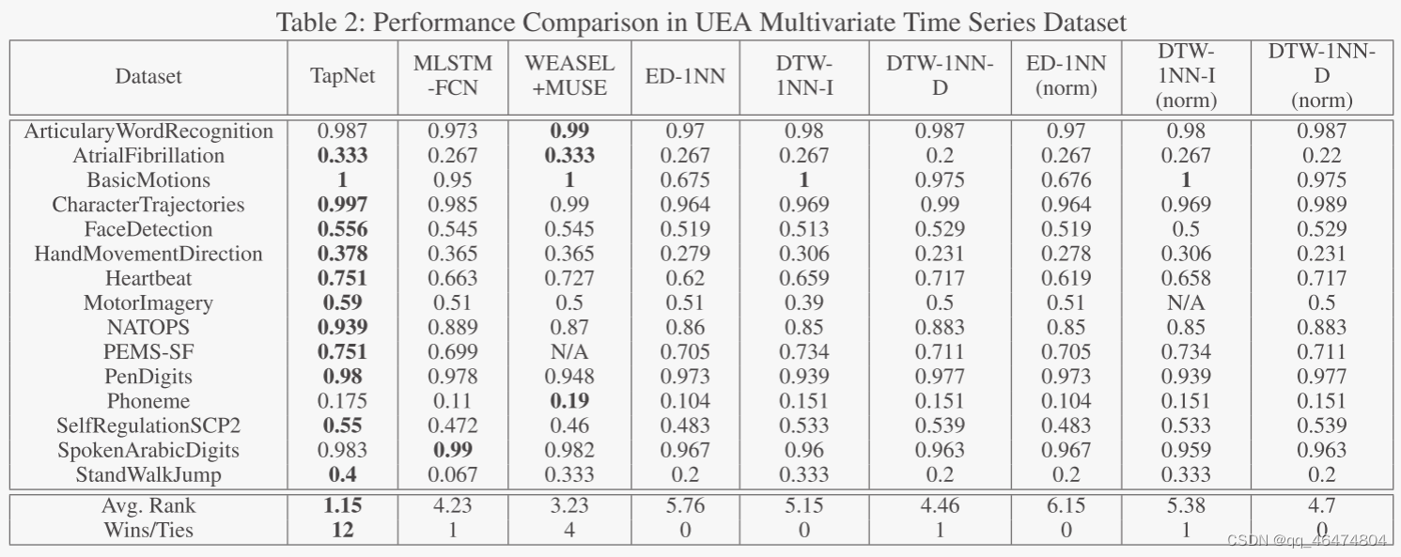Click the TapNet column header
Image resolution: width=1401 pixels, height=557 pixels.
point(342,76)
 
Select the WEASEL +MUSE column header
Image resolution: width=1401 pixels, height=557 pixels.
point(569,76)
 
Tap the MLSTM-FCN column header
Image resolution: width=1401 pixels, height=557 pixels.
point(453,76)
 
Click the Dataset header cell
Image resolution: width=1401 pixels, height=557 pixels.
point(148,76)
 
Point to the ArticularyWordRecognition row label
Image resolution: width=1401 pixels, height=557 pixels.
point(148,132)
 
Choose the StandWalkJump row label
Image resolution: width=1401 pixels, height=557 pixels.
point(148,474)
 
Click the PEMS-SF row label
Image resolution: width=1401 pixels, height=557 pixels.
point(148,352)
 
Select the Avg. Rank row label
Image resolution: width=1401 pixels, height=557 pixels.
point(148,505)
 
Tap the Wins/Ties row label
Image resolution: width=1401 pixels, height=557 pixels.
point(148,530)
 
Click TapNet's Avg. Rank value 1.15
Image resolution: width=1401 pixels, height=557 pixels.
point(342,505)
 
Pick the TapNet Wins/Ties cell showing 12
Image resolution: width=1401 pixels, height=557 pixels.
point(342,530)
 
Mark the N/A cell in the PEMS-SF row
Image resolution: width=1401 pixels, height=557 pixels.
point(569,352)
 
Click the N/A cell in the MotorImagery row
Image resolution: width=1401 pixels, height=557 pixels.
point(1186,302)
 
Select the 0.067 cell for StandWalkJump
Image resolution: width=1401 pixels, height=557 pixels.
point(453,474)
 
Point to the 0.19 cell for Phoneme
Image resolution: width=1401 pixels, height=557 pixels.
point(569,401)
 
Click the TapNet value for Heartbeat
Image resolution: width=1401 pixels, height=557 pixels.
point(342,278)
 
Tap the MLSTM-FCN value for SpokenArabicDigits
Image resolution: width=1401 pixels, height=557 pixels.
point(453,450)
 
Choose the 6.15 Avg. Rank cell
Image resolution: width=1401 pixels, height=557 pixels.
point(1066,505)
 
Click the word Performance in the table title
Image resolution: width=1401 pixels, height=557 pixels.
point(435,23)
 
